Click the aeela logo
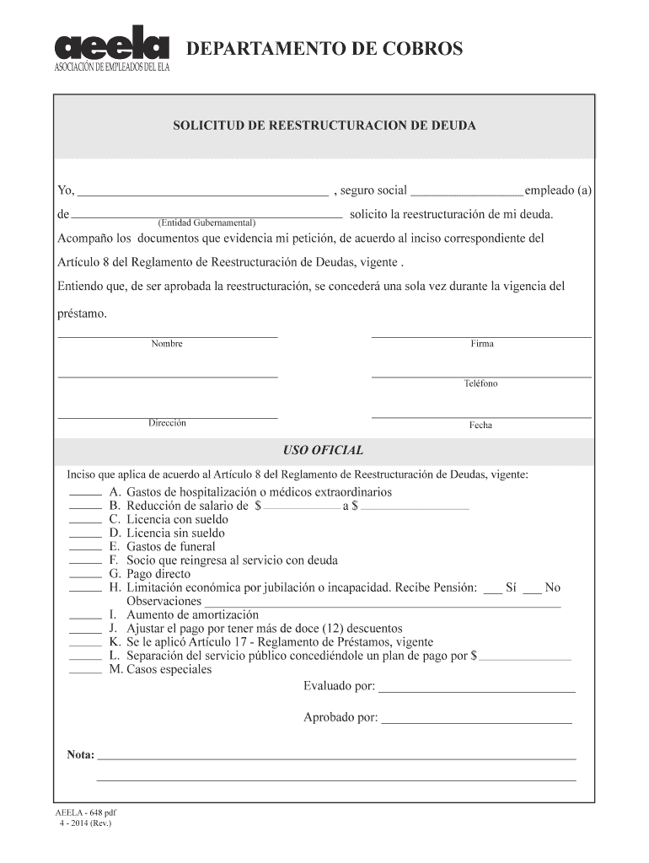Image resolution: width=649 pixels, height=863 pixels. (112, 50)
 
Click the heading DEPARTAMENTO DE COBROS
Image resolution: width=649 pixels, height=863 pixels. (324, 50)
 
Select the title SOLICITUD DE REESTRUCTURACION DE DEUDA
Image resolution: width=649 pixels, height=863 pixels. (324, 126)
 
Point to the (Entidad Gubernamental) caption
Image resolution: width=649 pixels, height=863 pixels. (206, 222)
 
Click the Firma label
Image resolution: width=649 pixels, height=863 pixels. (482, 344)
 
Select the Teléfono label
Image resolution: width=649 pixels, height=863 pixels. (480, 383)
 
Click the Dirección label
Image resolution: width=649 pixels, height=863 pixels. (167, 423)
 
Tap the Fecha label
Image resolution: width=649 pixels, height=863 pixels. (480, 425)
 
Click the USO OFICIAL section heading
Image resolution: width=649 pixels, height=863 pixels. (324, 450)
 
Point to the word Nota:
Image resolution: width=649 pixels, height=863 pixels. (81, 754)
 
